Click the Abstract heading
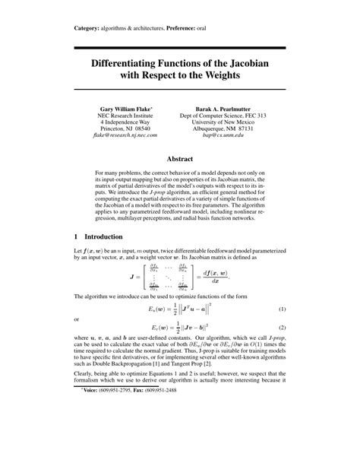coord(180,160)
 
